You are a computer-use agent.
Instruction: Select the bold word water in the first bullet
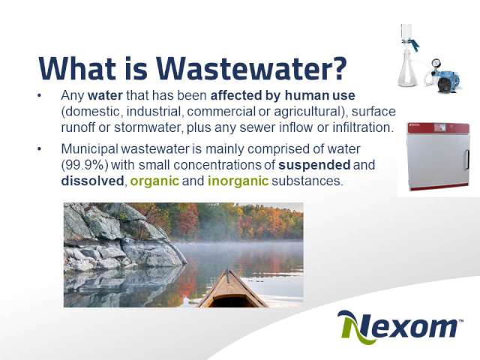[x=105, y=95]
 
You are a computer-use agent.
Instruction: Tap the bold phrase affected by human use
[x=283, y=96]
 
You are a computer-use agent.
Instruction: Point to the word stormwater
[x=148, y=127]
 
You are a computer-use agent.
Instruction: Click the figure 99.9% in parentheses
[x=85, y=165]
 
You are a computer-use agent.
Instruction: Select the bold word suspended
[x=314, y=165]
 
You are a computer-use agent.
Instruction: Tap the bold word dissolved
[x=92, y=181]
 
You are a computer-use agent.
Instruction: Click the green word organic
[x=154, y=181]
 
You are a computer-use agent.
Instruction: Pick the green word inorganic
[x=238, y=181]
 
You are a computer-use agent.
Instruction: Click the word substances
[x=306, y=181]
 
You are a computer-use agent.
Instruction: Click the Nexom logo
[x=400, y=327]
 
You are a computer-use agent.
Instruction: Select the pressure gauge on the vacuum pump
[x=435, y=64]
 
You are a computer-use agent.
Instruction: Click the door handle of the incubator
[x=467, y=159]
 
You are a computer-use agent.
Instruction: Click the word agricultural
[x=307, y=112]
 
